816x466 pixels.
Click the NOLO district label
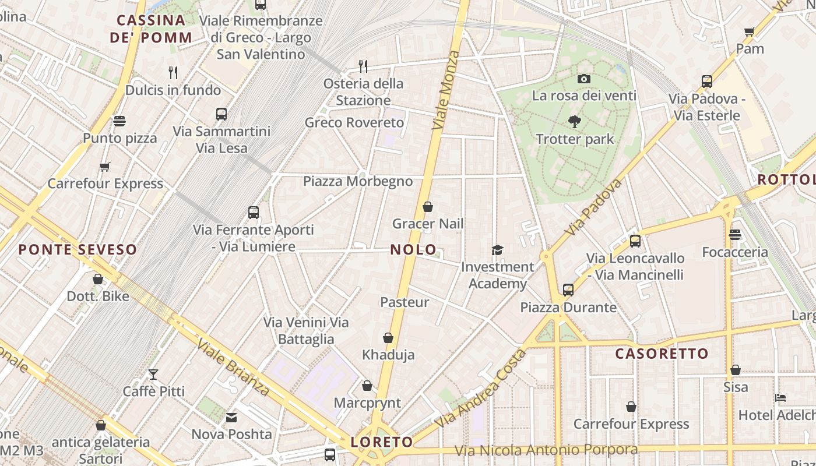pyautogui.click(x=413, y=250)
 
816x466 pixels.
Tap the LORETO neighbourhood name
pyautogui.click(x=381, y=442)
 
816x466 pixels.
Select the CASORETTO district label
pyautogui.click(x=662, y=354)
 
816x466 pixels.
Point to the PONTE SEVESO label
pyautogui.click(x=78, y=250)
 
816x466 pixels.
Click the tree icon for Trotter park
pyautogui.click(x=575, y=122)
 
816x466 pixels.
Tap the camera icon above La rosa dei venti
pyautogui.click(x=584, y=79)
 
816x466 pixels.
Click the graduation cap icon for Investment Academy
pyautogui.click(x=497, y=250)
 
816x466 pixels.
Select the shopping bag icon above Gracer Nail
pyautogui.click(x=428, y=207)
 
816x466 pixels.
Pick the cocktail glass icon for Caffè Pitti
pyautogui.click(x=153, y=374)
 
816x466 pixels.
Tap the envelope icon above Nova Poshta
pyautogui.click(x=231, y=417)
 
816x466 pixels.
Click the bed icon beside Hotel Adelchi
pyautogui.click(x=781, y=398)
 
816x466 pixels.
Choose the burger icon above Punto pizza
pyautogui.click(x=119, y=121)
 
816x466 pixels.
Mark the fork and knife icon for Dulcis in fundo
pyautogui.click(x=173, y=73)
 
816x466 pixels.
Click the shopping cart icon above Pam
pyautogui.click(x=750, y=31)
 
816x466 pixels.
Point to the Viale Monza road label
pyautogui.click(x=446, y=90)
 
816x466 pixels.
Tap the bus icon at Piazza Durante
pyautogui.click(x=568, y=290)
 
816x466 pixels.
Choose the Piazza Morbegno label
pyautogui.click(x=358, y=181)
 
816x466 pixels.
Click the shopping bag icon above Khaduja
pyautogui.click(x=388, y=338)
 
